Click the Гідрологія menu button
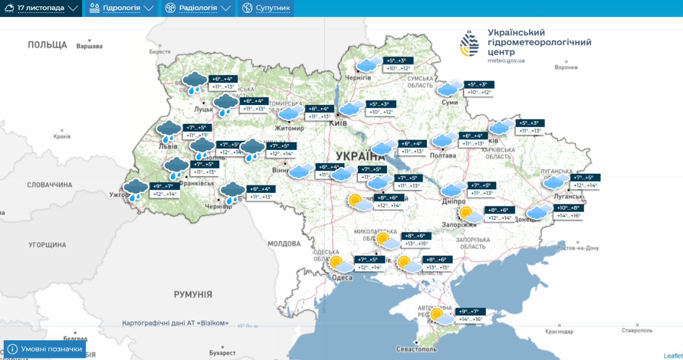point(122,8)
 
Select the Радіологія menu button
point(198,8)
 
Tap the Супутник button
point(266,8)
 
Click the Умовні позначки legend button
point(45,349)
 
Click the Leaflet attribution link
point(673,356)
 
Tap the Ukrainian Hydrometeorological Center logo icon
point(470,43)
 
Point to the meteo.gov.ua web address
point(506,60)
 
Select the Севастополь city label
point(416,349)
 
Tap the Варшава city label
point(89,46)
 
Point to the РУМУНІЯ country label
point(193,294)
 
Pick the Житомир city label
point(289,129)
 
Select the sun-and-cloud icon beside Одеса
point(341,264)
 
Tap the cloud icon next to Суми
point(450,89)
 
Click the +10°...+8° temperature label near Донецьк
point(568,208)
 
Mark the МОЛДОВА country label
point(284,243)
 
